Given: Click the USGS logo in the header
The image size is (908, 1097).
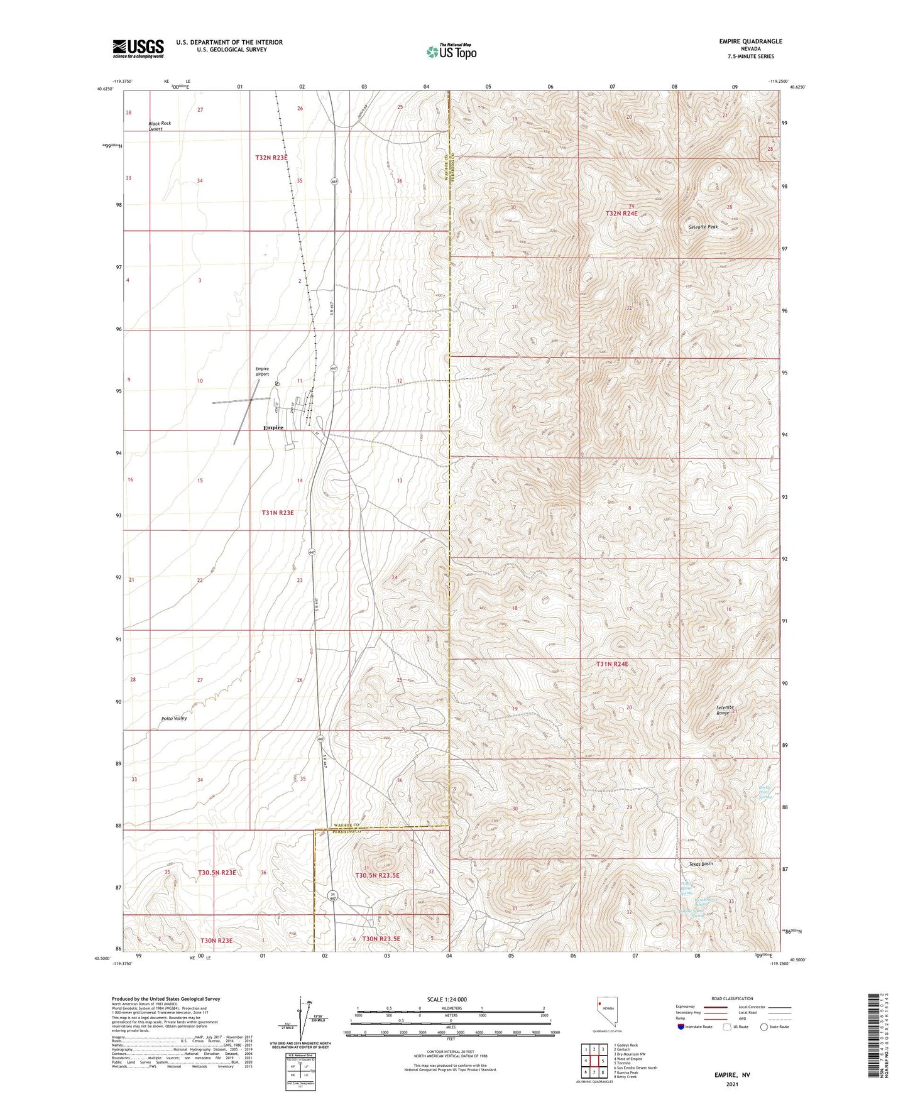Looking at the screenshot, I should [x=138, y=48].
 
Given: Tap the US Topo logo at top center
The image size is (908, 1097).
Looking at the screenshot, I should [x=451, y=52].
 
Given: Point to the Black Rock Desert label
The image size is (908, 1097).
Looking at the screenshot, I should [x=160, y=126].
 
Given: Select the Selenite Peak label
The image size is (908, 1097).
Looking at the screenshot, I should [x=703, y=227].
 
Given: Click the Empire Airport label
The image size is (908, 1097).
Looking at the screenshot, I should [x=262, y=371].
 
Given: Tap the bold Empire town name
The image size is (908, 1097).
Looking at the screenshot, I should [x=273, y=428].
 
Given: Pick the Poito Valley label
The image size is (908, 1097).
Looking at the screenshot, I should [x=173, y=718].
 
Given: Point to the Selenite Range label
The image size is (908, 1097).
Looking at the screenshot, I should [x=725, y=711].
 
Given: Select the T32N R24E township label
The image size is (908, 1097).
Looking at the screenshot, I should [x=621, y=214].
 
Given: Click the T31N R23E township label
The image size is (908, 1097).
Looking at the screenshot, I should [x=277, y=513].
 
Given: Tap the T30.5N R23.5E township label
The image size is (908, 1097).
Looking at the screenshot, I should [x=377, y=875].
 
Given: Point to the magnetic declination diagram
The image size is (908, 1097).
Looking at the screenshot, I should [x=305, y=1023].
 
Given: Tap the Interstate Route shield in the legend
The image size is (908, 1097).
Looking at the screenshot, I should [x=681, y=1027].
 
